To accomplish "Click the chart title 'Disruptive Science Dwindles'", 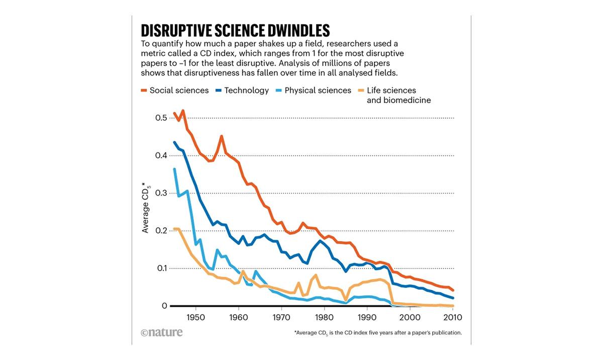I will (x=235, y=29).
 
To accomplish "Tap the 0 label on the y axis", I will (x=164, y=306).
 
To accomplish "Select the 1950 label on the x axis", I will (x=195, y=318).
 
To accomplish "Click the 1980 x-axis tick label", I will (x=324, y=318).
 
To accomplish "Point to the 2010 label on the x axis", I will (x=452, y=318).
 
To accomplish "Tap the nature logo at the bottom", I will (x=162, y=332).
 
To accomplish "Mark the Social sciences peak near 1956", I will (x=222, y=136).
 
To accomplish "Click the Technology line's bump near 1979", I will (x=320, y=241).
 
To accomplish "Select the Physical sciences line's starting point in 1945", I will (x=174, y=169).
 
